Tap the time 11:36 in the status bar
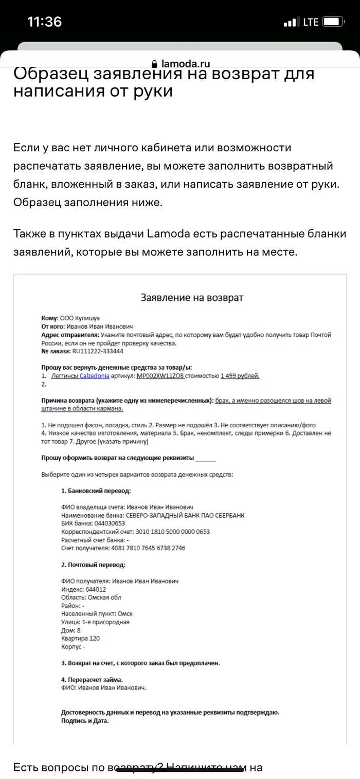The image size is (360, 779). pos(44,22)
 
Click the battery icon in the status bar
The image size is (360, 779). pos(334,22)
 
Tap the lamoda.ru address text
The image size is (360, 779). pos(186,64)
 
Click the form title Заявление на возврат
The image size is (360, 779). pos(192,298)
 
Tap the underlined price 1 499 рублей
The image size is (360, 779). pos(240,376)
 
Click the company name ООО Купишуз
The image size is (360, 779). pos(80,318)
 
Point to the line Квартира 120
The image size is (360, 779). pos(80,639)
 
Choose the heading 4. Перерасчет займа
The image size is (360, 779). pos(92,679)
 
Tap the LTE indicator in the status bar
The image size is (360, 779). pos(311,22)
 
